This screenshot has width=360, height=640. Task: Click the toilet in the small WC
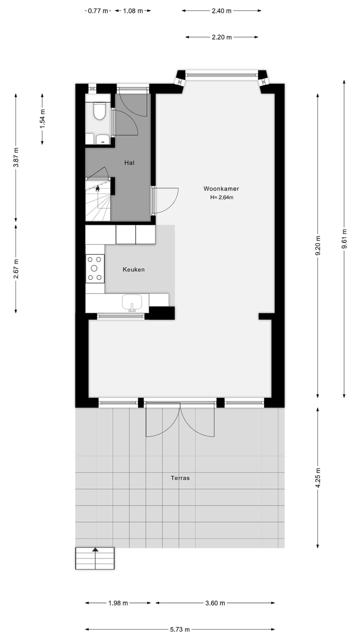(x=99, y=111)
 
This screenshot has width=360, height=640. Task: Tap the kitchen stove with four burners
(x=94, y=268)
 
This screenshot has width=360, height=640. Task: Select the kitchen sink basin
(x=132, y=302)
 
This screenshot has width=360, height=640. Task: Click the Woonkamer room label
(x=221, y=188)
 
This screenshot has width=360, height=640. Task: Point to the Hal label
(x=129, y=162)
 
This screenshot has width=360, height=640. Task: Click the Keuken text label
(x=133, y=269)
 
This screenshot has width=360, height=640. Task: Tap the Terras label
(x=180, y=478)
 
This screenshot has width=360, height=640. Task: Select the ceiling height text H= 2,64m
(x=221, y=197)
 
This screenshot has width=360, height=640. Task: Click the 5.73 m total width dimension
(x=179, y=629)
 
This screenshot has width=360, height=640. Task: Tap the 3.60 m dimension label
(x=215, y=603)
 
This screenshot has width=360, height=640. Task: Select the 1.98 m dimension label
(x=118, y=603)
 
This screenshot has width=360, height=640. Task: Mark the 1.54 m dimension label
(x=42, y=119)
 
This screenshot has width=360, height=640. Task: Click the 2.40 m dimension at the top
(x=221, y=10)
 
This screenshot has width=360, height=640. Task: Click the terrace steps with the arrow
(x=95, y=558)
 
